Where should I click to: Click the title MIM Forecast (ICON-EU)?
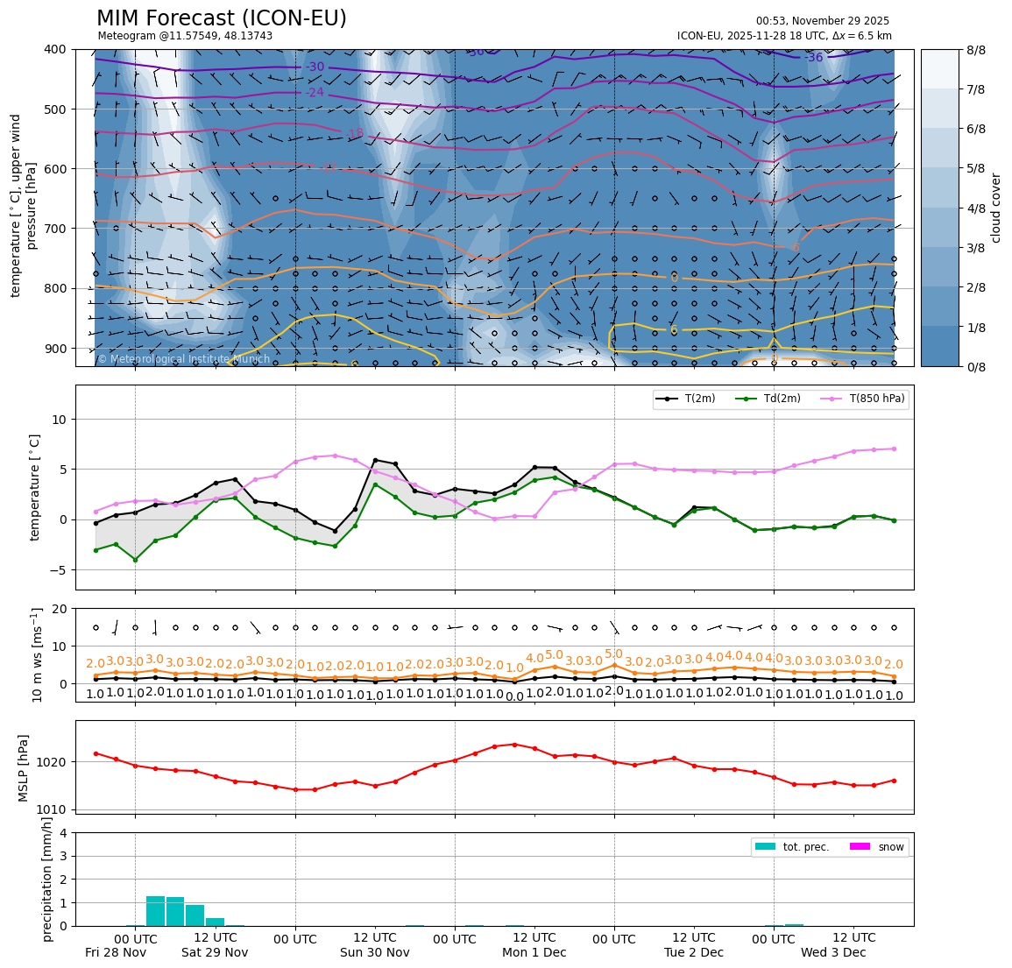pyautogui.click(x=221, y=18)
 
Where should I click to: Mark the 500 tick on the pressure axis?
pyautogui.click(x=54, y=110)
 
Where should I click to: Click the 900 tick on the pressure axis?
pyautogui.click(x=54, y=349)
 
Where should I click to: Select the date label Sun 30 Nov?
pyautogui.click(x=375, y=952)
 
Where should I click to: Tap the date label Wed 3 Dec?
pyautogui.click(x=832, y=952)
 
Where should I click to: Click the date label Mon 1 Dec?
pyautogui.click(x=534, y=952)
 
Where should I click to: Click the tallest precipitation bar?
pyautogui.click(x=155, y=911)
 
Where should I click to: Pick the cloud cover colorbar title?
pyautogui.click(x=995, y=208)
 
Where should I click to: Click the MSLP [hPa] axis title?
pyautogui.click(x=24, y=768)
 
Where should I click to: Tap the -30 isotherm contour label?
pyautogui.click(x=315, y=67)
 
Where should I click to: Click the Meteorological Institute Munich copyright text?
pyautogui.click(x=183, y=359)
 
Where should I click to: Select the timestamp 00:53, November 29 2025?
pyautogui.click(x=822, y=21)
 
